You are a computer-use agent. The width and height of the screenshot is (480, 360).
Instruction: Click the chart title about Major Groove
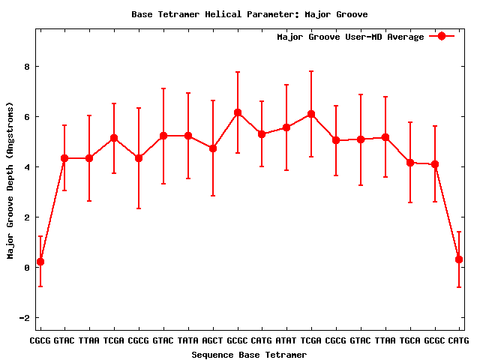tap(249, 14)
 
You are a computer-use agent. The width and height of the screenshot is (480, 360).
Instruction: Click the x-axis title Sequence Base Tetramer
tap(249, 354)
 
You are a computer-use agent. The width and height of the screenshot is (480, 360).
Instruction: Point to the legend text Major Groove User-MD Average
tap(350, 37)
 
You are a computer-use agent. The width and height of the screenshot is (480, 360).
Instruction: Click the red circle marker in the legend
tap(442, 37)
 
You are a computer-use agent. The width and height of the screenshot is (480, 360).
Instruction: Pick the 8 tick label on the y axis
tap(26, 67)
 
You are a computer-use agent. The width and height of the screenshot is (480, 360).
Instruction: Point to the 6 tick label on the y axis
tap(26, 117)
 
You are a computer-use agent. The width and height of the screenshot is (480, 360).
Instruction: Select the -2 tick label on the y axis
tap(23, 318)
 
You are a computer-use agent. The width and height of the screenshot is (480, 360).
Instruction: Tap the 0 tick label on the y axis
tap(26, 268)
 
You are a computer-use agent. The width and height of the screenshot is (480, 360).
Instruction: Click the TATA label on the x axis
tap(187, 341)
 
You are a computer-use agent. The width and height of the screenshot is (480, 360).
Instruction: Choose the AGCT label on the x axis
tap(212, 341)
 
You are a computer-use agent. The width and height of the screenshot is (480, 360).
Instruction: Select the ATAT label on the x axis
tap(286, 341)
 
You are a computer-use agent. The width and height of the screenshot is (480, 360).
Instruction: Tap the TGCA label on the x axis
tap(410, 341)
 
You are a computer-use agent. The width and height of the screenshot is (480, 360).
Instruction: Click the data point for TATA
tap(187, 136)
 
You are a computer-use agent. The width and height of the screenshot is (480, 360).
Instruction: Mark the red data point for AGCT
tap(213, 148)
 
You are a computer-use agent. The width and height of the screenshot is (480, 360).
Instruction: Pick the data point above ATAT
tap(286, 127)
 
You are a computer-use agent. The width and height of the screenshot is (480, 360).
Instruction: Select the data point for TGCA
tap(410, 163)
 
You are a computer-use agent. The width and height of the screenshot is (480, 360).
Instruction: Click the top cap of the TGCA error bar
tap(410, 122)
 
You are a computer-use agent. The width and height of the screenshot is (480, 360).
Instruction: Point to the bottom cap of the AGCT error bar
tap(213, 196)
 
